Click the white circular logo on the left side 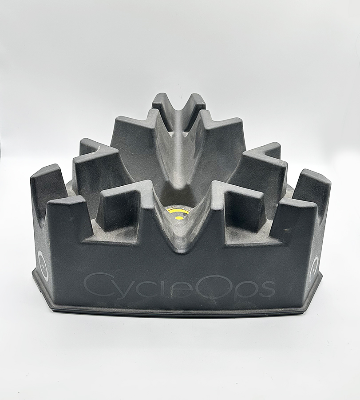pyautogui.click(x=43, y=265)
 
